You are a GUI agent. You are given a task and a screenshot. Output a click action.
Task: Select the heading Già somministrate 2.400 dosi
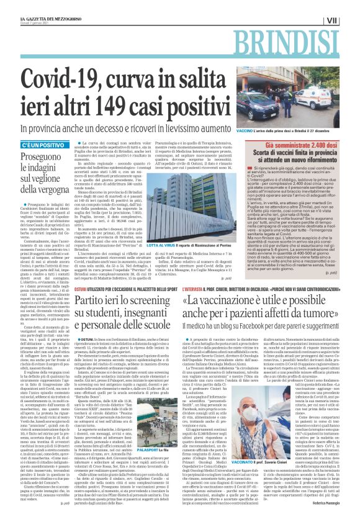point(305,159)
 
